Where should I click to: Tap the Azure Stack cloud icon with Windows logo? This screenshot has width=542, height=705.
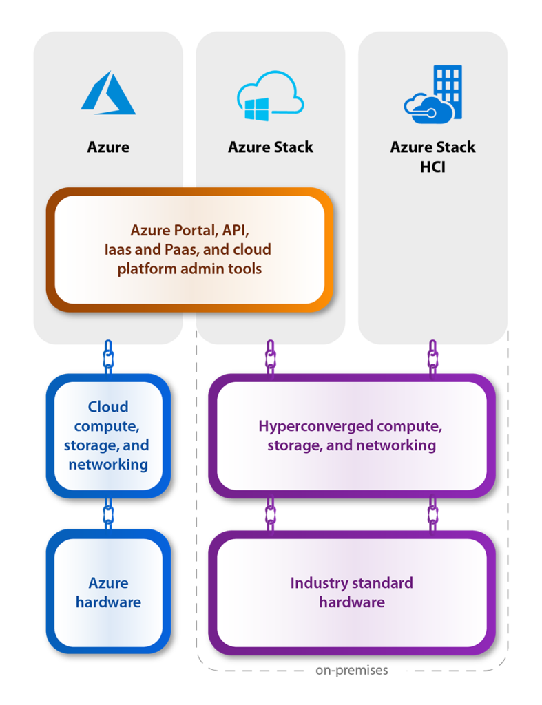tap(270, 96)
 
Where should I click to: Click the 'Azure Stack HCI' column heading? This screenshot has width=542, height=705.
tap(432, 156)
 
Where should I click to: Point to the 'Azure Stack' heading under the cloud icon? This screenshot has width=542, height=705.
tap(271, 147)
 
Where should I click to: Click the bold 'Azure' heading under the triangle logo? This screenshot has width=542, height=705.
tap(108, 147)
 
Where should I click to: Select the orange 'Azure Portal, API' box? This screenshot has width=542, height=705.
tap(189, 249)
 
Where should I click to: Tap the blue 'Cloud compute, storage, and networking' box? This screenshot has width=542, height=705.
tap(108, 435)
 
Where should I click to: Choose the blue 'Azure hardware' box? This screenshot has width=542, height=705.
tap(108, 592)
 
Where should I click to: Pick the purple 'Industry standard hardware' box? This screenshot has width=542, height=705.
tap(351, 592)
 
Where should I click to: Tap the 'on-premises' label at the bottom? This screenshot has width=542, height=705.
tap(352, 670)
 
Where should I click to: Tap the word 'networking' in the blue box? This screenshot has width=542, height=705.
tap(108, 464)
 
